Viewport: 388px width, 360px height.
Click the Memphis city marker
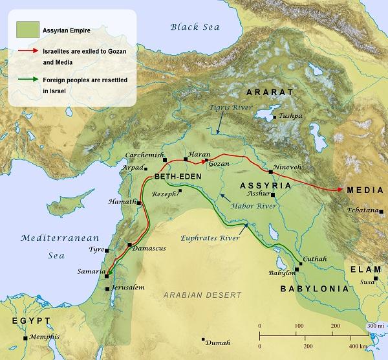point(25,337)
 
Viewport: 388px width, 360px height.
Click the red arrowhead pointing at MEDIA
point(339,190)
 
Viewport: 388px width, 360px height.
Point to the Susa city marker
point(376,278)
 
